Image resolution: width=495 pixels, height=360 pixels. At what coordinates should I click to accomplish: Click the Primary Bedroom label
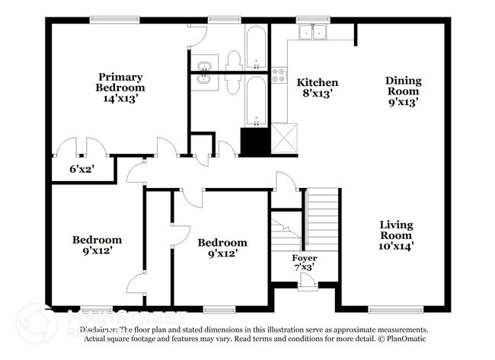point(120,81)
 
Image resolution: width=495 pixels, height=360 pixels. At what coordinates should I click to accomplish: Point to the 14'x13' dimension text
point(120,98)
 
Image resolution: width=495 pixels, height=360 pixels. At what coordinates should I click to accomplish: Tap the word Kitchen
point(317,82)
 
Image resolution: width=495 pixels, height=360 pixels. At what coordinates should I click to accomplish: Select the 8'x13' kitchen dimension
point(317,94)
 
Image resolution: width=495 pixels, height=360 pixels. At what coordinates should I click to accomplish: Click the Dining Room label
point(403,85)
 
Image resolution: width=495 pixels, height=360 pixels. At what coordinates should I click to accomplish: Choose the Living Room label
point(396,230)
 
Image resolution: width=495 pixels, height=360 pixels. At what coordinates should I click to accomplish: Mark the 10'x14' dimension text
point(396,247)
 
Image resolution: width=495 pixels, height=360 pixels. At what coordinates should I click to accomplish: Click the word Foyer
point(305,258)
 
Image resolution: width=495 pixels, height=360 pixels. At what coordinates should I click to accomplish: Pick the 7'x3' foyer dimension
point(305,268)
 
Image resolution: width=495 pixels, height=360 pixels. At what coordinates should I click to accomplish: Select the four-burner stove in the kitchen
point(279,75)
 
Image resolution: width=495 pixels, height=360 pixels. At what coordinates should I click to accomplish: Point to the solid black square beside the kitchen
point(251,141)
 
